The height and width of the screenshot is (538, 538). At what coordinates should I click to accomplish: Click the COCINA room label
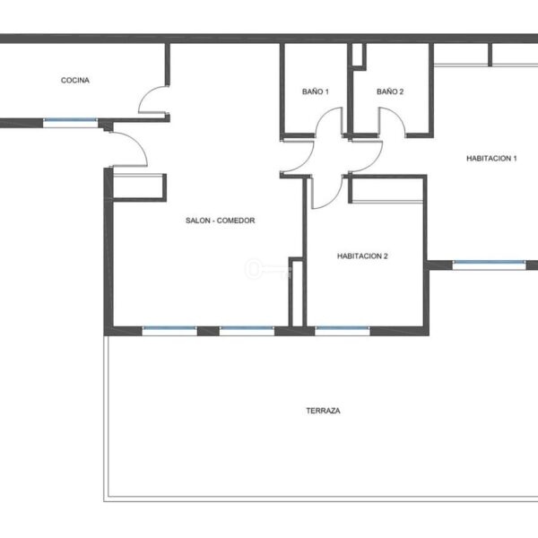pos(75,81)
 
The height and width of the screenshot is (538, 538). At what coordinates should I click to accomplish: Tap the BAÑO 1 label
pos(316,91)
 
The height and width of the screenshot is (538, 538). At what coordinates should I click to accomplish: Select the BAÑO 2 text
pos(390,91)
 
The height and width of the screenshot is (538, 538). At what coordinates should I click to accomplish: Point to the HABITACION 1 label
pos(491,158)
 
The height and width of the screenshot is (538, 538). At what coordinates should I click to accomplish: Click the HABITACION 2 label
pos(362,256)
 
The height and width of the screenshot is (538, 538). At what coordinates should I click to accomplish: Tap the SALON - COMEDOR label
pos(221,221)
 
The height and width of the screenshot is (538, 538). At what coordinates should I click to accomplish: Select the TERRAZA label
pos(323,411)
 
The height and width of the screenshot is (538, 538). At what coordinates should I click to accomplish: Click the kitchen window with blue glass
pos(70,121)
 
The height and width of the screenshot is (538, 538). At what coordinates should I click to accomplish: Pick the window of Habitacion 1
pos(489,265)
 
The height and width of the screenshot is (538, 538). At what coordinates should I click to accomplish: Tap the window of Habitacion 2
pos(343,330)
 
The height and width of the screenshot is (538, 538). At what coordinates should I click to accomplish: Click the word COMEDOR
pos(236,221)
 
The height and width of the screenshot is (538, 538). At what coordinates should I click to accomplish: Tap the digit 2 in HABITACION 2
pos(386,256)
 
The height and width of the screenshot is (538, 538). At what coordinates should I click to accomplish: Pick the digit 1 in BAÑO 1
pos(326,91)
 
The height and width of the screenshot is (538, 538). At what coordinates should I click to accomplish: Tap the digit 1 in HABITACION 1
pos(515,158)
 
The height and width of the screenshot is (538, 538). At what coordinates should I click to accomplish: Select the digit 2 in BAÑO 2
pos(402,91)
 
